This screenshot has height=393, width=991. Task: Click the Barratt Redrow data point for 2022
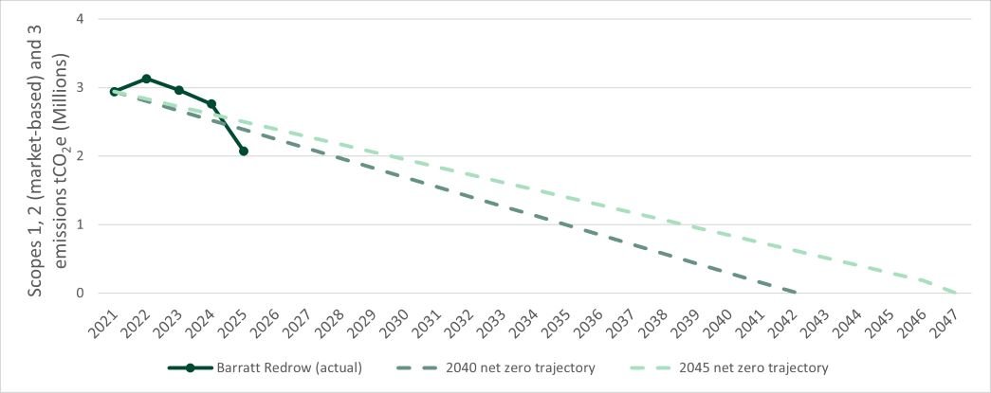(x=146, y=79)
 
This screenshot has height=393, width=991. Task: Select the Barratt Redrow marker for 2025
(x=244, y=152)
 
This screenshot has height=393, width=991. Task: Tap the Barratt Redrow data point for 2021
(x=114, y=92)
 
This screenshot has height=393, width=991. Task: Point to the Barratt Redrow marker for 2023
(x=178, y=90)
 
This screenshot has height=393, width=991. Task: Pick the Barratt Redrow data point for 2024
(x=211, y=104)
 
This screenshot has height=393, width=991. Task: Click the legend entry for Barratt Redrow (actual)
(x=265, y=367)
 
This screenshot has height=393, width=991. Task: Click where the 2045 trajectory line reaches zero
(x=956, y=293)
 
